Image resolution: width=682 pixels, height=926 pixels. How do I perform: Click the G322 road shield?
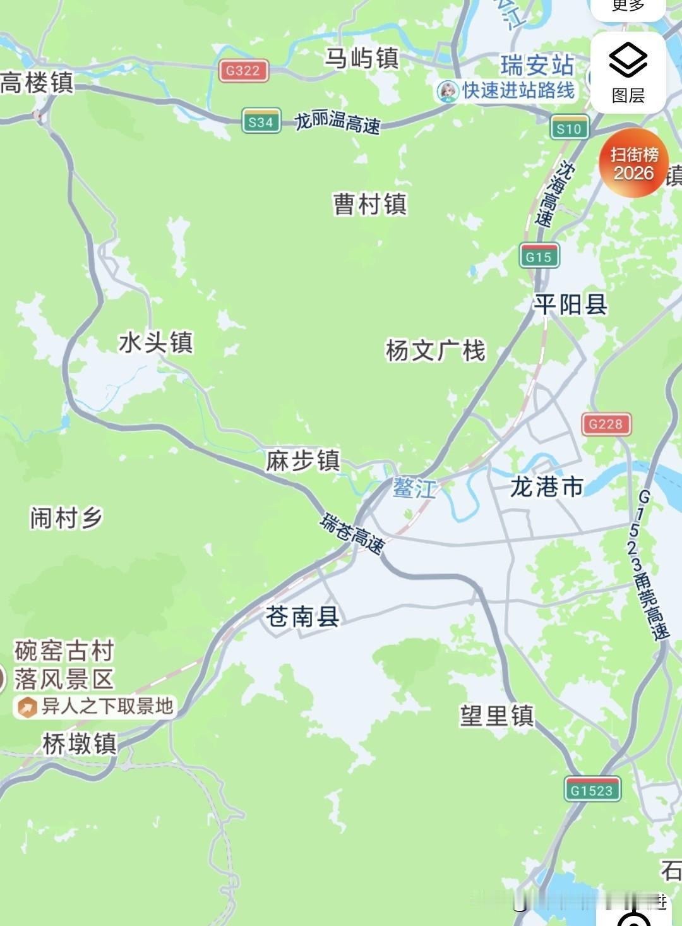[244, 71]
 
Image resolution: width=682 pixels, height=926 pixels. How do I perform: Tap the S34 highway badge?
[261, 122]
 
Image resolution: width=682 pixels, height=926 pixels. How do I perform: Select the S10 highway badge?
[569, 129]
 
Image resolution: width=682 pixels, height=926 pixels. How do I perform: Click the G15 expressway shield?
[539, 256]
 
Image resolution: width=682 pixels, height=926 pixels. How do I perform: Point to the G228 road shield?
[606, 424]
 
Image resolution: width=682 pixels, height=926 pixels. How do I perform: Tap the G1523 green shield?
[592, 790]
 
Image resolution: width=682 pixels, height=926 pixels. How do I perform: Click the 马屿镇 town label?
[362, 58]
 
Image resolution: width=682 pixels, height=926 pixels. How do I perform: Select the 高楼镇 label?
[37, 83]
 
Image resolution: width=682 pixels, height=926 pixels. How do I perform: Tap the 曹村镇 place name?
[370, 204]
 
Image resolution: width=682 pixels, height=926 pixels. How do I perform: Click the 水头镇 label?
[155, 343]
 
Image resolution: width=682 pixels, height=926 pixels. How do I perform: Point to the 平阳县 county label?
[570, 305]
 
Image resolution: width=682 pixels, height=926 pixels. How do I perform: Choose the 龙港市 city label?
[546, 487]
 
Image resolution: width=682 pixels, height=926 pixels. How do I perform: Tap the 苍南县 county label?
[302, 616]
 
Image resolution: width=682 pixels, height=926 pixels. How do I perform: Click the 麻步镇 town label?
[302, 460]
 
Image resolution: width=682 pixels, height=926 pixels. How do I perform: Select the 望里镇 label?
[496, 716]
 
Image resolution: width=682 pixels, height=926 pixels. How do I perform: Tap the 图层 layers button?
[628, 73]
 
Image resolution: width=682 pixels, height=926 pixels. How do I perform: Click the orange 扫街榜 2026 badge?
[633, 163]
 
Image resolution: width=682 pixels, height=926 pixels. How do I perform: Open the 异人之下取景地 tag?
[95, 706]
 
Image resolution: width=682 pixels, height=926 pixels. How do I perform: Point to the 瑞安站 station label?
[537, 65]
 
